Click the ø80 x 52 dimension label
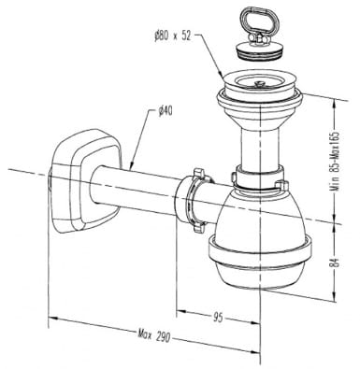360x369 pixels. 172,36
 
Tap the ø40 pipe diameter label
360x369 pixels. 165,111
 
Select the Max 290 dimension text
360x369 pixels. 154,336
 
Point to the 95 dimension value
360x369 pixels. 218,318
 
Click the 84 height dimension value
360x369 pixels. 336,263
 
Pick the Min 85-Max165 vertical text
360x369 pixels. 335,162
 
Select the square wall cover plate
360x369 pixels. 85,180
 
